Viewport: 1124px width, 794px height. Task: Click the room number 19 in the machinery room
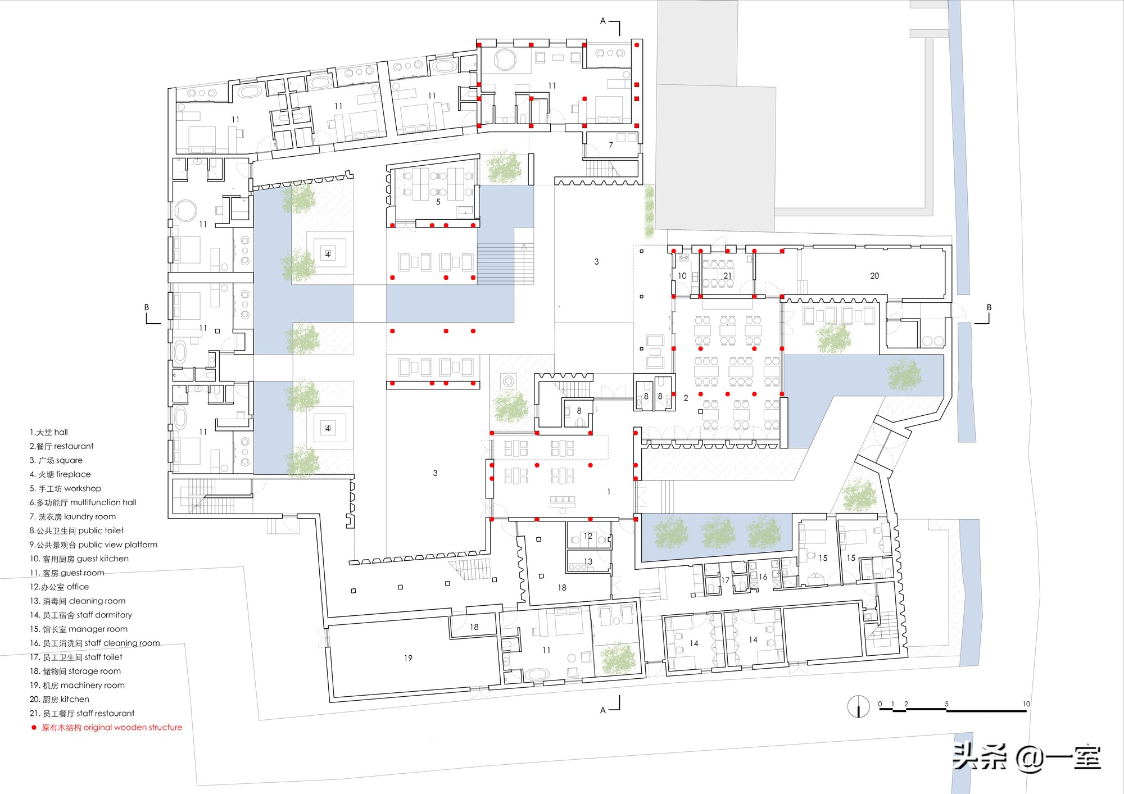point(408,658)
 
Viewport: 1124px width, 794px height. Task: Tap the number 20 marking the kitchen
point(874,276)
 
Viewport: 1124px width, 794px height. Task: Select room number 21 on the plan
point(728,276)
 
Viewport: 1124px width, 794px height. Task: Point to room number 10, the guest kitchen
point(682,276)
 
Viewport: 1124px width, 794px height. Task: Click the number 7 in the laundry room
point(611,145)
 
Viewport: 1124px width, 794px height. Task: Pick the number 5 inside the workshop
point(438,202)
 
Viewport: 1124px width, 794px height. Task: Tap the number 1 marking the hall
point(609,492)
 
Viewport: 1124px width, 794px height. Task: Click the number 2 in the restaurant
point(686,398)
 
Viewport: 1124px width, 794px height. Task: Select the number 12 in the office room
point(588,536)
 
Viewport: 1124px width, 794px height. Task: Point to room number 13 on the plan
point(588,561)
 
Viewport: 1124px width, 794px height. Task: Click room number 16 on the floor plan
point(763,577)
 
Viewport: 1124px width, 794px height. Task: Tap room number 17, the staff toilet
point(725,580)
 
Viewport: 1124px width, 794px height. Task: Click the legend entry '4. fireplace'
point(60,474)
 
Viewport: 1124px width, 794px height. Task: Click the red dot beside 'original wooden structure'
point(34,727)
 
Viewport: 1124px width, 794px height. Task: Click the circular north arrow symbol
point(858,706)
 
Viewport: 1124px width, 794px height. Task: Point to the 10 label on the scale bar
point(1026,704)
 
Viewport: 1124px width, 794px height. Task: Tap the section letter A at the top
point(603,21)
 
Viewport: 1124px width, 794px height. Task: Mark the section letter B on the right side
point(989,307)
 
